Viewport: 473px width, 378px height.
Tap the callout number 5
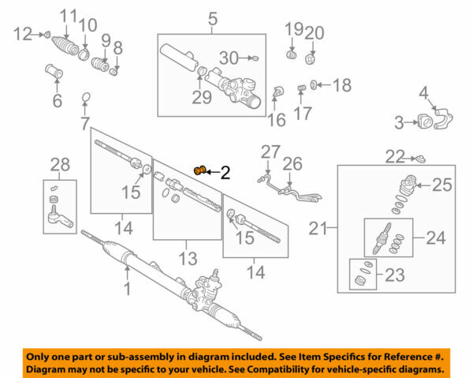pos(212,17)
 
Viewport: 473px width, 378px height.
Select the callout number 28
pos(60,164)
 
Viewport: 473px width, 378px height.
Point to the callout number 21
pos(319,229)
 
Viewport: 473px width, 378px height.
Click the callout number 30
pos(229,58)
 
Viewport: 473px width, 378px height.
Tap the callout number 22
pos(395,156)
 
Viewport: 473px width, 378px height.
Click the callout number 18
pos(341,84)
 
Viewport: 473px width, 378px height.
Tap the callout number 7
pos(84,124)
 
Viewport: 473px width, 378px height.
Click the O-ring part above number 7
pos(84,99)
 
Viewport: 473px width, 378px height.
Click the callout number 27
pos(270,152)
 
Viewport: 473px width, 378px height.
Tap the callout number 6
pos(57,100)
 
